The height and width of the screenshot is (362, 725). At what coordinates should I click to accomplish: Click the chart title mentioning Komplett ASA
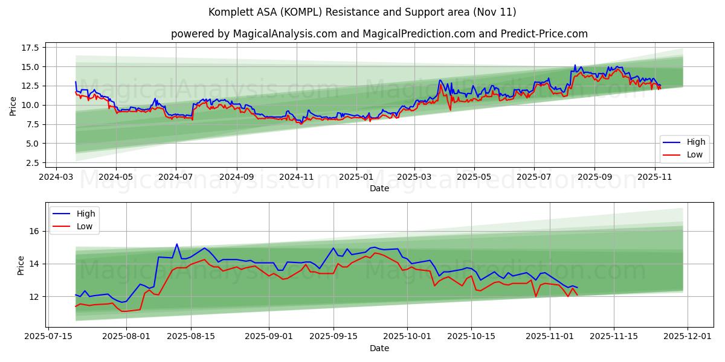(x=362, y=12)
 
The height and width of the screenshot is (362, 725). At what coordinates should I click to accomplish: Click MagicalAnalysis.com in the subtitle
(x=285, y=34)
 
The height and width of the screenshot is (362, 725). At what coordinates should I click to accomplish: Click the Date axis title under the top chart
(x=379, y=189)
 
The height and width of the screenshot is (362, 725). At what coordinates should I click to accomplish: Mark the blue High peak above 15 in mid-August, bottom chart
(x=177, y=244)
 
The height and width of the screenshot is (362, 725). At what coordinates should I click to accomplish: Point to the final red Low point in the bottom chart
(x=577, y=294)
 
